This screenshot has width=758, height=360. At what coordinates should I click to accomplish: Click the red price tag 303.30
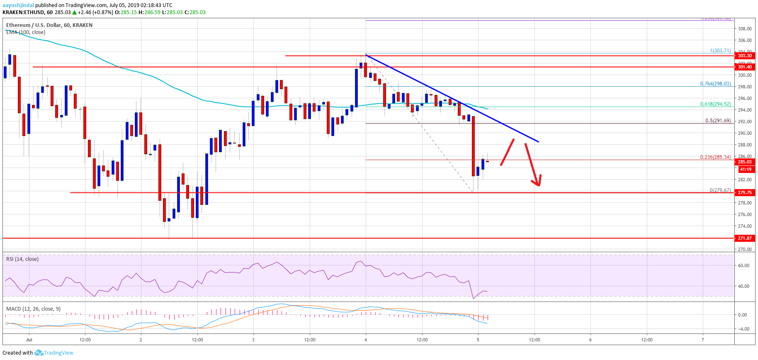[x=744, y=56]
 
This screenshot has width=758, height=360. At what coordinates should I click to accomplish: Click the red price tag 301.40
[x=744, y=67]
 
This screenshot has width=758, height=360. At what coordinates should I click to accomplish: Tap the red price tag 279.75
[x=744, y=192]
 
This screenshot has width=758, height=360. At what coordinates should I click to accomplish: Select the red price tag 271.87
[x=744, y=238]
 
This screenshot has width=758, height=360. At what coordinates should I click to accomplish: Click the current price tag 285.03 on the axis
[x=744, y=162]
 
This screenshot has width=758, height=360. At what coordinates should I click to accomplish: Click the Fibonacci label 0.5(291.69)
[x=718, y=121]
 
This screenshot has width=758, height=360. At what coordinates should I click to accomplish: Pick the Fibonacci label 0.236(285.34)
[x=715, y=157]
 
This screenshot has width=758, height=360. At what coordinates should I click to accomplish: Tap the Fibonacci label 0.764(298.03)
[x=715, y=84]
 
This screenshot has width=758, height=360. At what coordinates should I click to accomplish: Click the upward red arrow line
[x=508, y=152]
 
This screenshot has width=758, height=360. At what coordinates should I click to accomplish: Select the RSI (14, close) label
[x=22, y=259]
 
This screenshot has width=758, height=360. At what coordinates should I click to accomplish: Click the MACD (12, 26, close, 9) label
[x=33, y=309]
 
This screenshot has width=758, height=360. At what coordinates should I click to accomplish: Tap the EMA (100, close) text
[x=26, y=32]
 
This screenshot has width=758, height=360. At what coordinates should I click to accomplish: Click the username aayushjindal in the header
[x=18, y=5]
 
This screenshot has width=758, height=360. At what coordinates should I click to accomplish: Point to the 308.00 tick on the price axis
[x=744, y=29]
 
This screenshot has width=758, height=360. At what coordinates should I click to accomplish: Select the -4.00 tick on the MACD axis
[x=742, y=329]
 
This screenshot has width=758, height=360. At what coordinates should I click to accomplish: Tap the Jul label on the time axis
[x=29, y=340]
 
